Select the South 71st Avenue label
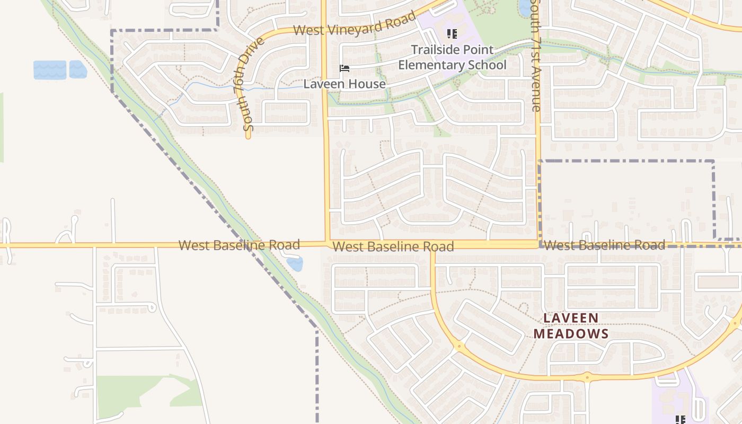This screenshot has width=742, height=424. point(536,56)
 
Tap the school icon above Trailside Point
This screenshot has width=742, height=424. point(452,34)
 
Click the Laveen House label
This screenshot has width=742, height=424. point(344,84)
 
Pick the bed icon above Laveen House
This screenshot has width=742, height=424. point(344,68)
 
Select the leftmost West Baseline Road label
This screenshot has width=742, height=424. point(239,245)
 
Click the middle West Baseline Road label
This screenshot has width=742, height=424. point(393,246)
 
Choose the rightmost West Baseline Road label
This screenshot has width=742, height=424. point(604,245)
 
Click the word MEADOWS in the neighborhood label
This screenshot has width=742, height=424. point(571,334)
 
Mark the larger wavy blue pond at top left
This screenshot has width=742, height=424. point(50,70)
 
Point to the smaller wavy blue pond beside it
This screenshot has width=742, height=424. point(77,69)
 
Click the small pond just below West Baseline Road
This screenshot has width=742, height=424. point(295,263)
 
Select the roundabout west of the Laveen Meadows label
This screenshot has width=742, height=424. point(459,347)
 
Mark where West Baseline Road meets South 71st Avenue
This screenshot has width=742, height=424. point(538,244)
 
